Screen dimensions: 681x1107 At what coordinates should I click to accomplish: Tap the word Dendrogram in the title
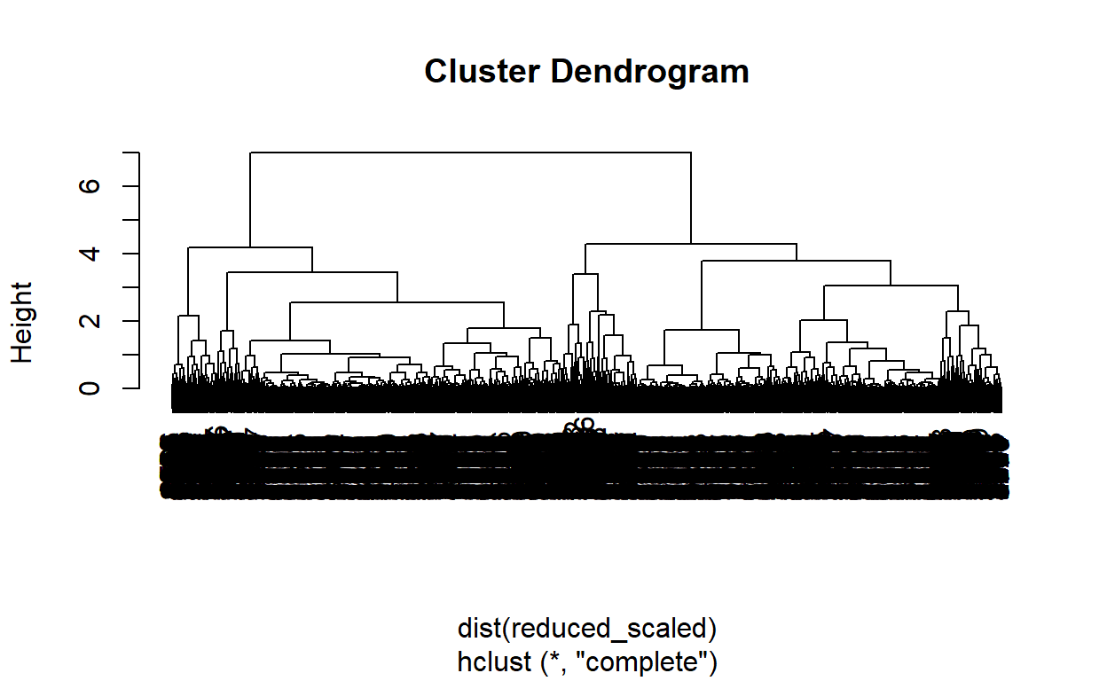[650, 71]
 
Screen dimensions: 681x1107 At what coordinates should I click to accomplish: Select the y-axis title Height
[22, 322]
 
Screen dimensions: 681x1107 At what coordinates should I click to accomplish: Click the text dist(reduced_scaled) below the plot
[586, 629]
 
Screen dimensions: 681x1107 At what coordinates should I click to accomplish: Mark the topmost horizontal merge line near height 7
[470, 153]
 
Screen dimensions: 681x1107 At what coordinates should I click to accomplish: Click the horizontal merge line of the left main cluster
[250, 247]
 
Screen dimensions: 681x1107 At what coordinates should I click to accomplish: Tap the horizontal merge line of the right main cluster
[690, 243]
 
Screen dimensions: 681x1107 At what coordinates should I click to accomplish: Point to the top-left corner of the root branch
[251, 153]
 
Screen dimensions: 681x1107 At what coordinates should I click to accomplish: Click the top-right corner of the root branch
[690, 153]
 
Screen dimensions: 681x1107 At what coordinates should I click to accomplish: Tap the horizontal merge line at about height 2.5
[396, 302]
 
